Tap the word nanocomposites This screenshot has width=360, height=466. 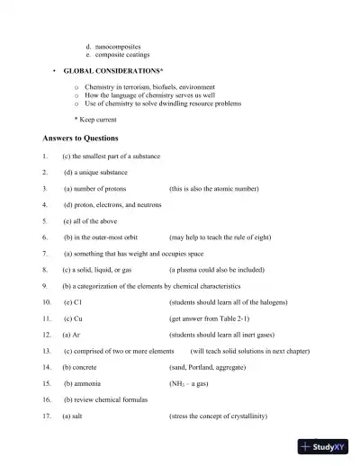tap(117, 45)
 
